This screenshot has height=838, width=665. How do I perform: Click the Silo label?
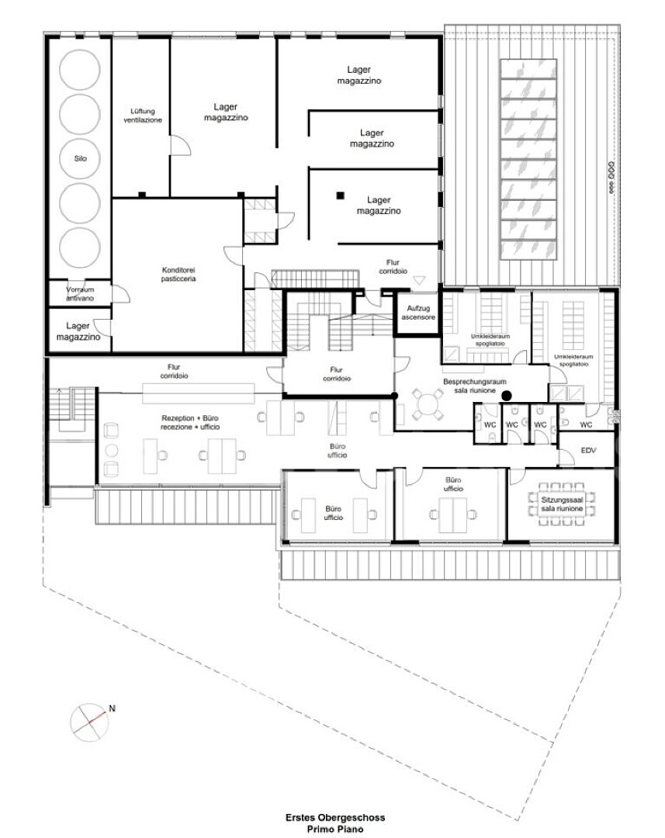(x=80, y=159)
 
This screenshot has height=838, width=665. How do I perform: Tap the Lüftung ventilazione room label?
(x=143, y=116)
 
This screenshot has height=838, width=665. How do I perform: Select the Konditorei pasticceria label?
(x=178, y=274)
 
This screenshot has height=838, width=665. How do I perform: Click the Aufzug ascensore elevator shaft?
(x=418, y=313)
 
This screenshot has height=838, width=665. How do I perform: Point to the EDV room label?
(x=588, y=451)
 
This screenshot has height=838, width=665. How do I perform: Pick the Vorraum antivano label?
(x=80, y=294)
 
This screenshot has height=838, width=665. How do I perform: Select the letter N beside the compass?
(x=113, y=708)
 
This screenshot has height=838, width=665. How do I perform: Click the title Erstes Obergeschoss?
(x=334, y=817)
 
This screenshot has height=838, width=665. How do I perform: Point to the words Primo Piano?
(x=334, y=829)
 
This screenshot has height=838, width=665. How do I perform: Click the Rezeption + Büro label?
(x=190, y=422)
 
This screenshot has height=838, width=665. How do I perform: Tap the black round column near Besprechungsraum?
(x=506, y=396)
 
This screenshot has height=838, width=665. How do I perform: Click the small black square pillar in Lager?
(x=340, y=196)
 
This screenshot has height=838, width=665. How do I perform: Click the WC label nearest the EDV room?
(x=586, y=425)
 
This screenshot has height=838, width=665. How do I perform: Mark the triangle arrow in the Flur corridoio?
(x=418, y=280)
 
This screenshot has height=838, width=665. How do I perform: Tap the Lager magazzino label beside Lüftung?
(x=226, y=113)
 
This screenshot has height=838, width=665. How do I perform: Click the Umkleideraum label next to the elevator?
(x=490, y=340)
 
